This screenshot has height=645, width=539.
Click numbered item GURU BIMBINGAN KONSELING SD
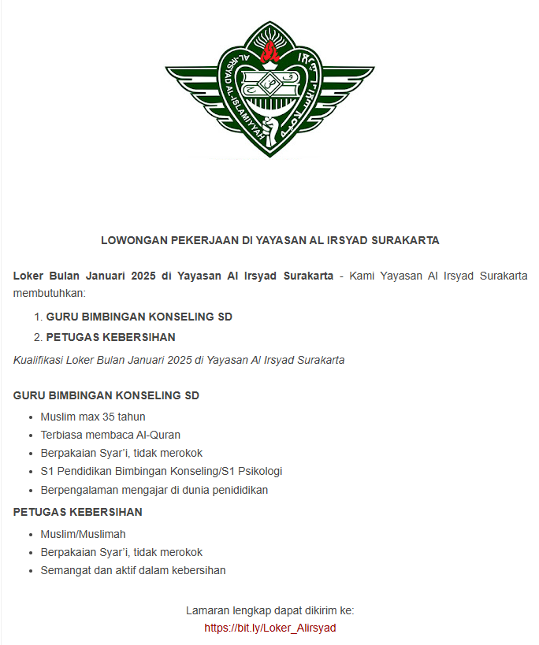(139, 317)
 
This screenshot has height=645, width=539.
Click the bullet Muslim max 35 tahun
(93, 417)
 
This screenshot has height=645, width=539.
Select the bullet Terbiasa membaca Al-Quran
(110, 435)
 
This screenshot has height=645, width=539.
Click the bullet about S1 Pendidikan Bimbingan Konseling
(161, 471)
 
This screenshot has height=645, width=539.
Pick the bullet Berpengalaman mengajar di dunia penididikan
(154, 490)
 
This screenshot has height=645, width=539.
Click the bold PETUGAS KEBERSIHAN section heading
(78, 512)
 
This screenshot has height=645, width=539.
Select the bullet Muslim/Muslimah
(83, 534)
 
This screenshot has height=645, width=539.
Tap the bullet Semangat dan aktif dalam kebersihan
(133, 570)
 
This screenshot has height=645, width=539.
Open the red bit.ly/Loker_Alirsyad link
(270, 628)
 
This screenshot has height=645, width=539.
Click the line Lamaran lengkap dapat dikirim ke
(270, 610)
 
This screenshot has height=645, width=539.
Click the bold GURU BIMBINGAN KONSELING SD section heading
(106, 395)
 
